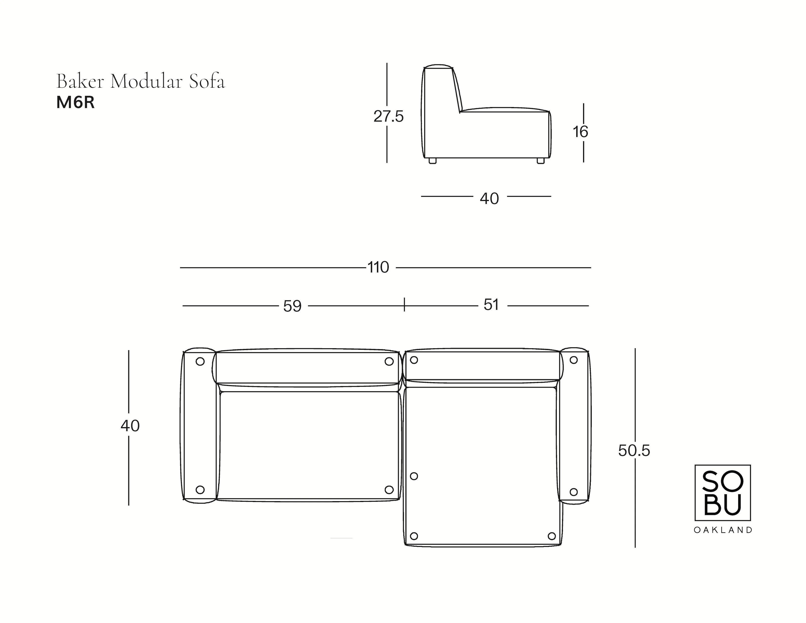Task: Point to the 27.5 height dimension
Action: pyautogui.click(x=389, y=117)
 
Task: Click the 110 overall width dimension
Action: pyautogui.click(x=378, y=267)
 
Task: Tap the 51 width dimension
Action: pyautogui.click(x=491, y=305)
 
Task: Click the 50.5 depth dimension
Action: pyautogui.click(x=634, y=451)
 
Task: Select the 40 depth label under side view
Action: pyautogui.click(x=489, y=199)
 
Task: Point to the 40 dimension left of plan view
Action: pyautogui.click(x=130, y=426)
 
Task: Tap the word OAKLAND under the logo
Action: pyautogui.click(x=723, y=530)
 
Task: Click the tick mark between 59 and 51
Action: pyautogui.click(x=404, y=304)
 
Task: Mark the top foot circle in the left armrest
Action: pyautogui.click(x=200, y=361)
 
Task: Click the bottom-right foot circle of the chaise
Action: pyautogui.click(x=552, y=536)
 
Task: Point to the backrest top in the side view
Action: pyautogui.click(x=438, y=67)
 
